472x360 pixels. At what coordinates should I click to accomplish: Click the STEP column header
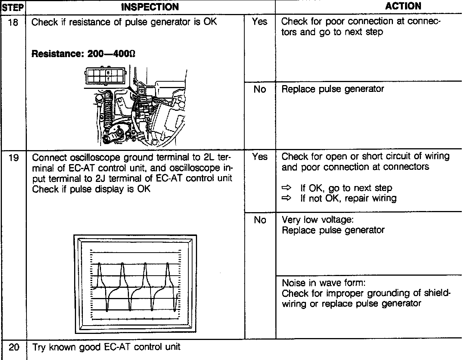tap(13, 7)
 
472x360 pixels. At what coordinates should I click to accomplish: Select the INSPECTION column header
tap(150, 7)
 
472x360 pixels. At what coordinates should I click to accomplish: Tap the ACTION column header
tap(403, 6)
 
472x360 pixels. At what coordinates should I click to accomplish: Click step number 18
tap(13, 22)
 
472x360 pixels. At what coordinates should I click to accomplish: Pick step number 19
tap(13, 157)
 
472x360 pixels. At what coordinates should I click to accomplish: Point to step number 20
tap(13, 347)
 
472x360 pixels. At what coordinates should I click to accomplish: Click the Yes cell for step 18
tap(259, 22)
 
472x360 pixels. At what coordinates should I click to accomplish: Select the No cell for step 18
tap(259, 89)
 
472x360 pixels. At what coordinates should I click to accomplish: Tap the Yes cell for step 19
tap(259, 157)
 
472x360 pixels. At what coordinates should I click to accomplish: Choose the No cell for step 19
tap(260, 220)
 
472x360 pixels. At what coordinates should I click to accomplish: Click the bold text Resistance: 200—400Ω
tap(84, 54)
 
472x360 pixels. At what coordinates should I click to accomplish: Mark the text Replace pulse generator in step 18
tap(333, 89)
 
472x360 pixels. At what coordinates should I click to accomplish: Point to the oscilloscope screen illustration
tap(135, 284)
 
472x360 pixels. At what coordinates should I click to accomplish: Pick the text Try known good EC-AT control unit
tap(106, 347)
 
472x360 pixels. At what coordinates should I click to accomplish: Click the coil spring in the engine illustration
tap(107, 113)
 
